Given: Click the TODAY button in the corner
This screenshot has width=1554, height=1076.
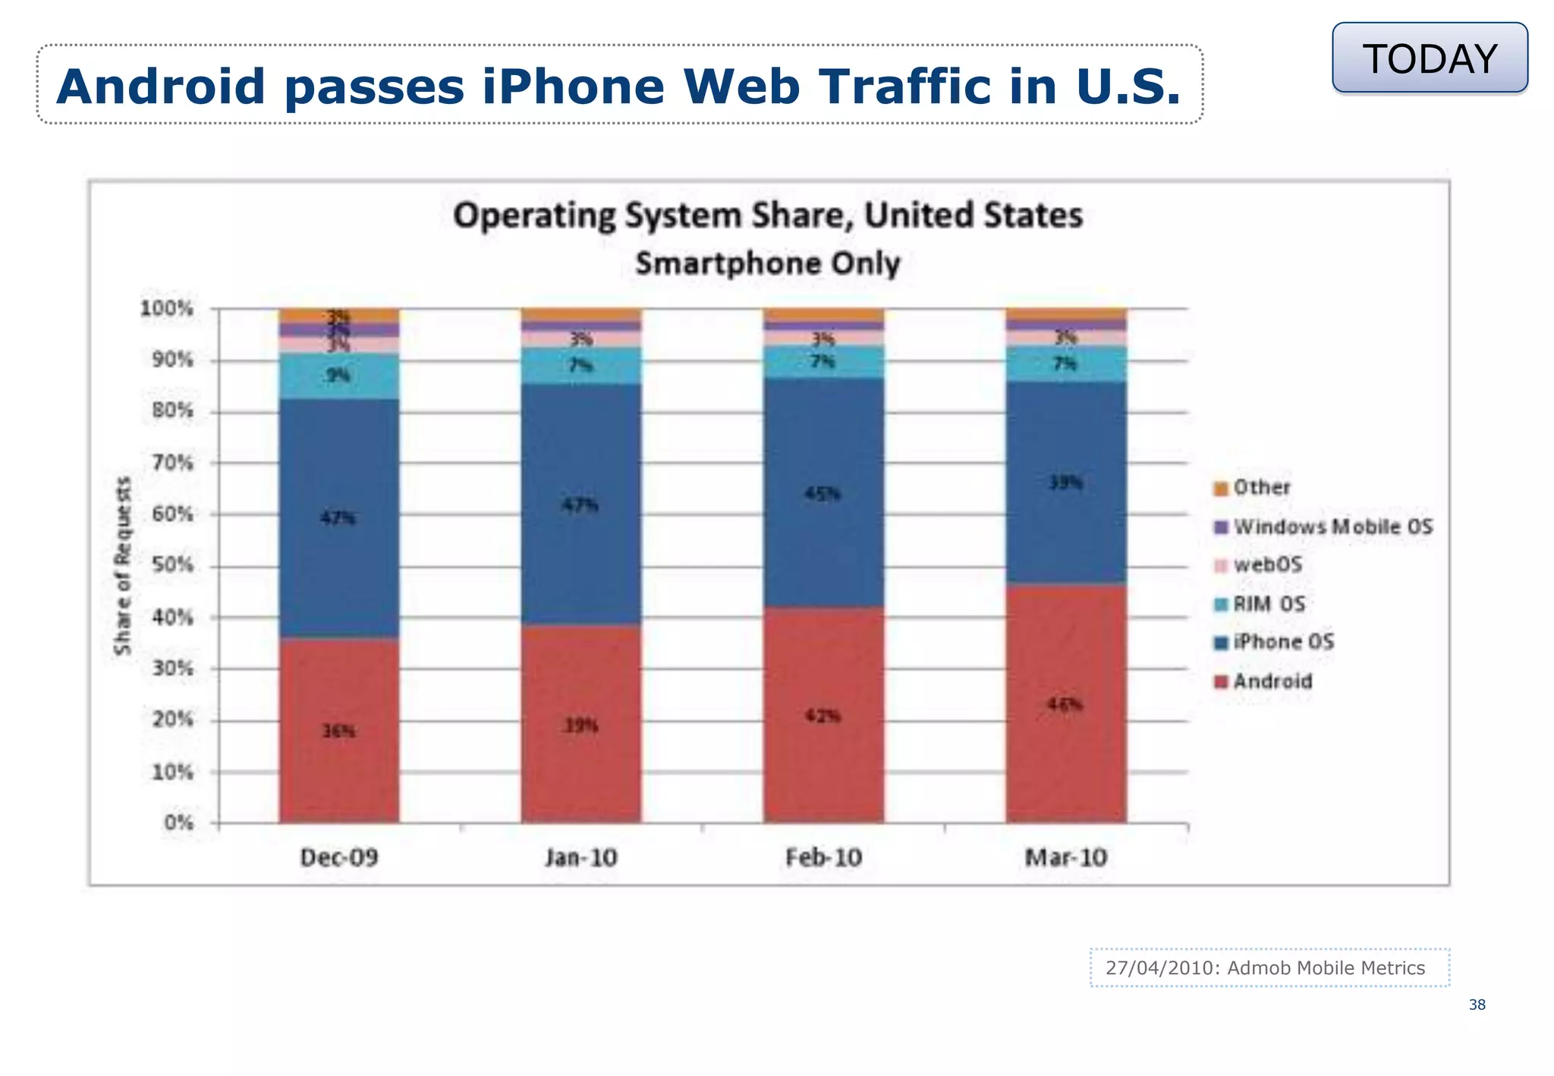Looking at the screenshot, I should tap(1430, 58).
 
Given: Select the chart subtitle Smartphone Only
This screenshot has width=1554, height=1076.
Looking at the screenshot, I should tap(767, 263).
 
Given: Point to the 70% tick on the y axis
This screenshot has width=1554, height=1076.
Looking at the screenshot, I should tap(174, 462).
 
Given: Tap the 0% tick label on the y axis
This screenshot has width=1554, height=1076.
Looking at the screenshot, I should tap(179, 823).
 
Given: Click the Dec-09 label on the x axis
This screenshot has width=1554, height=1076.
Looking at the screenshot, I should tap(338, 857).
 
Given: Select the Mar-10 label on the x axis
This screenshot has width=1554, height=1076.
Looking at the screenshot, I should tap(1065, 857).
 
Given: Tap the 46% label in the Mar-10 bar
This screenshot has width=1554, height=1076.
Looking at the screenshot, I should tap(1065, 704).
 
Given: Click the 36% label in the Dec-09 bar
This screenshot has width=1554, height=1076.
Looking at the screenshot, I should tap(338, 731).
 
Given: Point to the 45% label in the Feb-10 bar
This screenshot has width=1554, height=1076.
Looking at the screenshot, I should tap(823, 494).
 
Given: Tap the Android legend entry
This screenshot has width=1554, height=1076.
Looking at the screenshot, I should tap(1272, 681).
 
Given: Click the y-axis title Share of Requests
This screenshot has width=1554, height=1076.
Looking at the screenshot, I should tap(122, 565).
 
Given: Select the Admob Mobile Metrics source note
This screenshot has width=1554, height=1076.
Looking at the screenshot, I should tap(1269, 967).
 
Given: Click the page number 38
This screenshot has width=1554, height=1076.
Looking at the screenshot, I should tap(1477, 1005).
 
